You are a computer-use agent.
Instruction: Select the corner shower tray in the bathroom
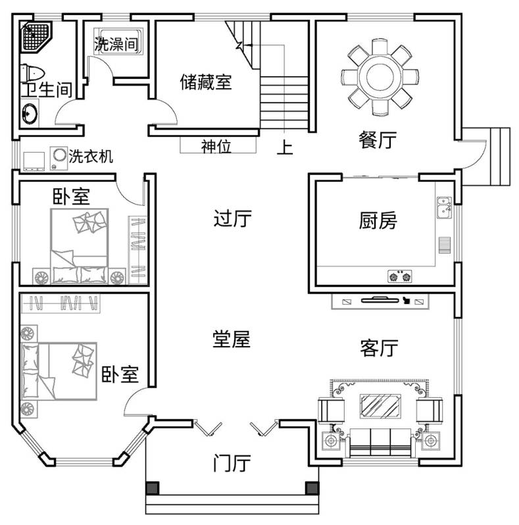36,36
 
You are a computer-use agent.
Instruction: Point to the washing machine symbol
59,158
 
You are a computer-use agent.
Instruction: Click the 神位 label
216,146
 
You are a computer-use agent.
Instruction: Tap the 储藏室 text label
206,82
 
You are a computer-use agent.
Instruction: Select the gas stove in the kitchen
400,276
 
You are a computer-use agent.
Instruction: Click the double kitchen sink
444,208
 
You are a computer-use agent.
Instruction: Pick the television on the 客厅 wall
380,300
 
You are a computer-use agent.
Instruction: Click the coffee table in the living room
380,406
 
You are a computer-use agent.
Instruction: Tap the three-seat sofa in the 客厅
380,442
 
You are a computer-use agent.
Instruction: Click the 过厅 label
232,218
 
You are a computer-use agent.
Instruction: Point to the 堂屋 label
232,339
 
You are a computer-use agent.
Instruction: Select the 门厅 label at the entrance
232,463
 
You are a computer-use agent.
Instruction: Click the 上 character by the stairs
285,147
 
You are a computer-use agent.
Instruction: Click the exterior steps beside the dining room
500,157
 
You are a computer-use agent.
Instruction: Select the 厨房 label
378,220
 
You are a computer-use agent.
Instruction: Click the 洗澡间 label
116,44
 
